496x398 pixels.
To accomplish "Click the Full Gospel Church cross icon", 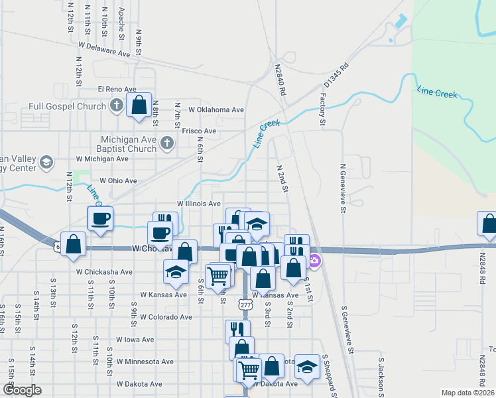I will [x=116, y=105].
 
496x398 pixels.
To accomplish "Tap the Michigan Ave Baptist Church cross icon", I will [x=167, y=143].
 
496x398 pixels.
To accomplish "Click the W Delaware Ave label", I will [x=103, y=48].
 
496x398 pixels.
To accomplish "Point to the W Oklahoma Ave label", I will [x=216, y=109].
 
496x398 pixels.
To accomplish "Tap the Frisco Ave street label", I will [x=201, y=131].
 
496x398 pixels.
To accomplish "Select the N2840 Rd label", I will [x=281, y=74].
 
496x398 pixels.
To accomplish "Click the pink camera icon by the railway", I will [x=315, y=259].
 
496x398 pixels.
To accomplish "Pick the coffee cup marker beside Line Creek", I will [x=100, y=218].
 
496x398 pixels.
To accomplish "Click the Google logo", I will [x=22, y=390].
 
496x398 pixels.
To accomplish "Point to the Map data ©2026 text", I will [x=468, y=393].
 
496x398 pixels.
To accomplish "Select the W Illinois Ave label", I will [x=198, y=204].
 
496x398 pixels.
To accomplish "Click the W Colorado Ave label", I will [x=166, y=317].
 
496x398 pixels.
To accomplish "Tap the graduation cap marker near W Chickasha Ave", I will [x=176, y=271].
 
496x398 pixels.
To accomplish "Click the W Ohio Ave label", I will [x=118, y=180].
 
